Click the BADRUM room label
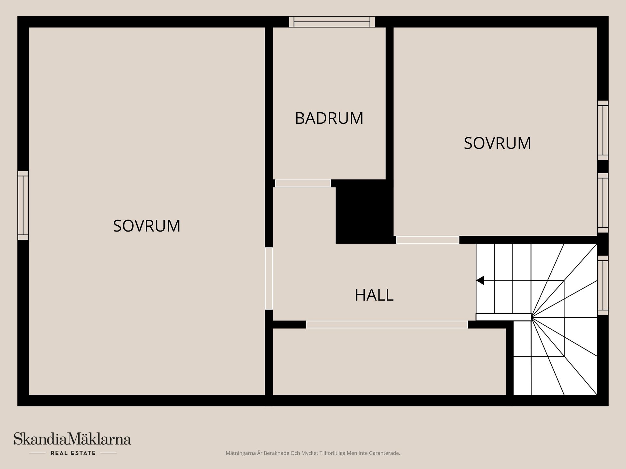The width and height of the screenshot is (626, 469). click(329, 118)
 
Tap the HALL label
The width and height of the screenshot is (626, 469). click(374, 295)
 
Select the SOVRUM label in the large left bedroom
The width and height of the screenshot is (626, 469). click(146, 226)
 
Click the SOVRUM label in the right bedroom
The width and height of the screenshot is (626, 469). click(497, 143)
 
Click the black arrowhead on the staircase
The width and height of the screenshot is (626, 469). click(480, 280)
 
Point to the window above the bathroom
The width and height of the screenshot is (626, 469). click(332, 22)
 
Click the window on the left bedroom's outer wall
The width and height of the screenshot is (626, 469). click(23, 205)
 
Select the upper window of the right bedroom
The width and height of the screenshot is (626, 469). click(603, 130)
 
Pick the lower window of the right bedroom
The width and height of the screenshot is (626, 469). click(603, 203)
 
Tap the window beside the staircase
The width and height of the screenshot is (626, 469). click(603, 285)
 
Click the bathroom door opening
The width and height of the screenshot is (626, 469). click(303, 183)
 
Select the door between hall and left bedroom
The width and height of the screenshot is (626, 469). click(269, 278)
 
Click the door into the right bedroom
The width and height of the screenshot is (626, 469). click(427, 240)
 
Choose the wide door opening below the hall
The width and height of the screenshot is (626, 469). click(387, 324)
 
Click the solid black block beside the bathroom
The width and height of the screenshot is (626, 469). click(364, 212)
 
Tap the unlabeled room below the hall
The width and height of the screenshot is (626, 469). click(388, 362)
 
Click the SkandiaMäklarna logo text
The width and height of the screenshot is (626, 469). click(72, 439)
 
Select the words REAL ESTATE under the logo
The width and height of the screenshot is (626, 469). click(73, 453)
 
